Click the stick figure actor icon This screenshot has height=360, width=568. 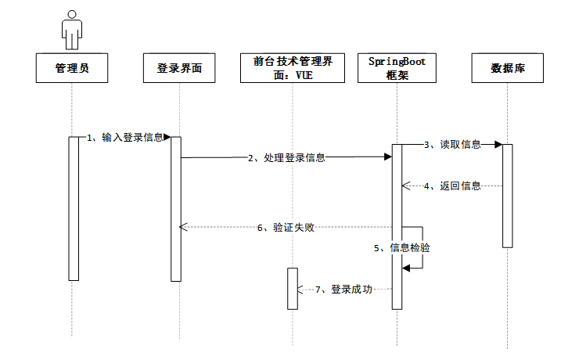coord(72,29)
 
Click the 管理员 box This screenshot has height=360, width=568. coord(72,68)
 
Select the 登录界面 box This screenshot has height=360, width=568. coord(179,68)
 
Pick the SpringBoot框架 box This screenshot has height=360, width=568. coord(397,68)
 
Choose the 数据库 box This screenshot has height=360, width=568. coord(507,68)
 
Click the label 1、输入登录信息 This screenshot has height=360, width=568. coord(125,138)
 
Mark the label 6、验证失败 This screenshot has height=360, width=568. coord(286,228)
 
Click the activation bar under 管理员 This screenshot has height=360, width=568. coord(74,207)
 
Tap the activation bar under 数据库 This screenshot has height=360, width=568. coord(507,196)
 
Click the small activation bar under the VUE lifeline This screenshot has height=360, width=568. coord(293,288)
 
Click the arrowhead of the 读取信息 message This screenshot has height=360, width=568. coord(498,145)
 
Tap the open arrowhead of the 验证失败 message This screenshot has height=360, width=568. coord(183,228)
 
